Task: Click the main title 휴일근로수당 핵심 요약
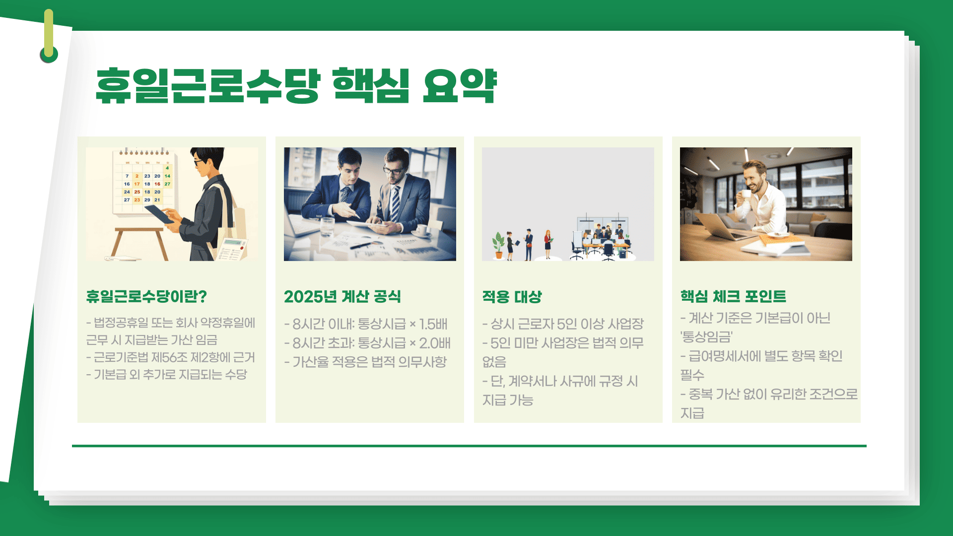coord(296,85)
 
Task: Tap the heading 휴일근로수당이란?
coord(146,296)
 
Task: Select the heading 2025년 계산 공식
coord(342,296)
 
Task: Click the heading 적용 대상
coord(512,296)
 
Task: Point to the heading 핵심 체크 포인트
coord(733,296)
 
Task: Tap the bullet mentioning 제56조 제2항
coord(171,357)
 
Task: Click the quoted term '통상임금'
coord(706,337)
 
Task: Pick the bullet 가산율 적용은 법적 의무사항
coord(366,362)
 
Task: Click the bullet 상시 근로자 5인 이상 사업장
coord(563,324)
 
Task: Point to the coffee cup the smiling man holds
coord(746,194)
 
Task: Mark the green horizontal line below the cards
coord(469,446)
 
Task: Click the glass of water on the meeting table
coord(328,227)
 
